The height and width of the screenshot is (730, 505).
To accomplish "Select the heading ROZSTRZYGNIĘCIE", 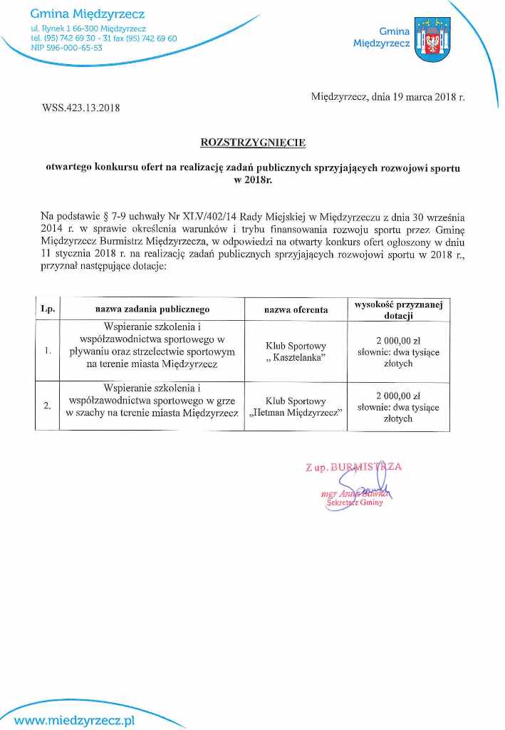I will (253, 143).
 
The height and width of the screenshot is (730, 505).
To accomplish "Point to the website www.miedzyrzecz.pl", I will (74, 720).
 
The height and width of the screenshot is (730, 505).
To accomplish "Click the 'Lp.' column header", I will (47, 309).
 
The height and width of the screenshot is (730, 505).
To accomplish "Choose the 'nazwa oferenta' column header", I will (296, 309).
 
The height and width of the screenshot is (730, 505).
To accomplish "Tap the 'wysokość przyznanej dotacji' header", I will (398, 309).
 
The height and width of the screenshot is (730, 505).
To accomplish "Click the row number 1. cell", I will (47, 351).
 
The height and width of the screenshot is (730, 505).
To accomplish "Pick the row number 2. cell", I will (47, 406).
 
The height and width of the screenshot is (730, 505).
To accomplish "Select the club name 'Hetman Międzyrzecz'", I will (296, 412).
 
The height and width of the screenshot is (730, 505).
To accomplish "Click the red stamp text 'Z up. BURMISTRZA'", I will (354, 468).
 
